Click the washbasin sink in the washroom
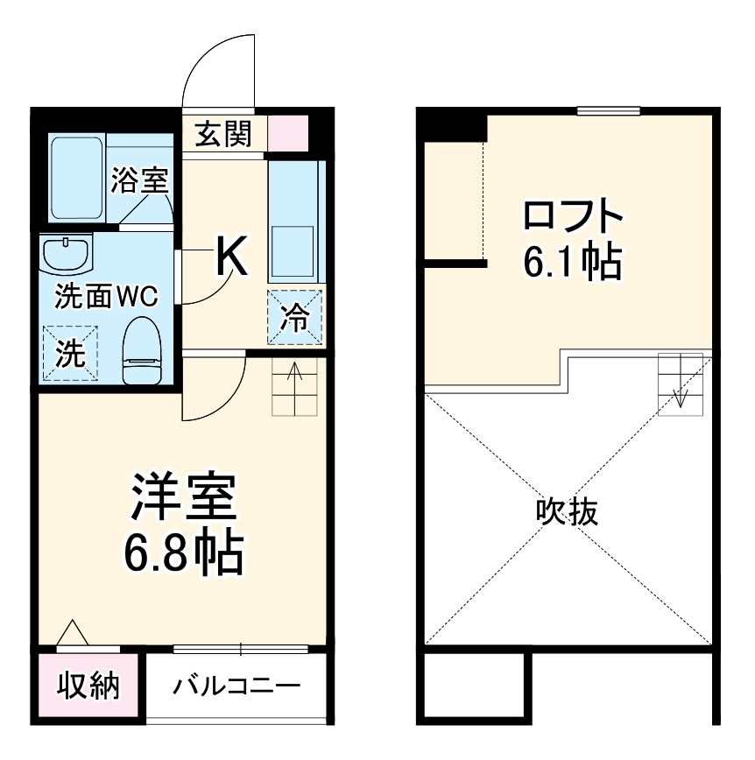67,254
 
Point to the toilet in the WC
142,350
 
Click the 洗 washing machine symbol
70,353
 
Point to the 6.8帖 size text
183,550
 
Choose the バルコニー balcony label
236,685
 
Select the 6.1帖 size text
572,260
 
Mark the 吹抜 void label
567,511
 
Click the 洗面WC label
106,297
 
